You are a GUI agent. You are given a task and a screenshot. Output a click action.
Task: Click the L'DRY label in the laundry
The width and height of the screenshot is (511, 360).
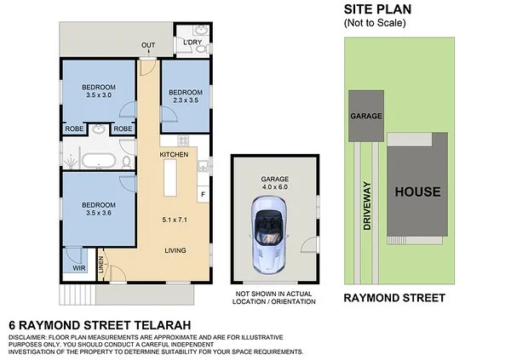point(192,42)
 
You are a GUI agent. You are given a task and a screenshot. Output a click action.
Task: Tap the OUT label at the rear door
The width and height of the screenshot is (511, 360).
point(148,45)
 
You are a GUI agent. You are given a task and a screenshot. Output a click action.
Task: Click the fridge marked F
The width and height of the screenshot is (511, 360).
point(203,195)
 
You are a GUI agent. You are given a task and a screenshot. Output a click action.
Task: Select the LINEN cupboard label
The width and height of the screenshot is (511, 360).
point(101,267)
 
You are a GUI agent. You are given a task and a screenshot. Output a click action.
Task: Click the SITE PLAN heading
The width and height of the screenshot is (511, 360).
point(376,9)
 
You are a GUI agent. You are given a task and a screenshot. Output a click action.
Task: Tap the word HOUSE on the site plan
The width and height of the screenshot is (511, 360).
point(417,191)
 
